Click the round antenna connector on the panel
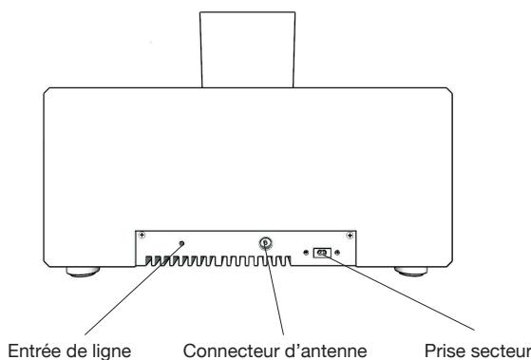coord(265,243)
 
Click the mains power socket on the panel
coord(324,252)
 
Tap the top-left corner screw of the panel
coord(142,235)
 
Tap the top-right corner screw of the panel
coord(351,235)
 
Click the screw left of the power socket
coord(306,252)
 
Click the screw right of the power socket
coord(340,252)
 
